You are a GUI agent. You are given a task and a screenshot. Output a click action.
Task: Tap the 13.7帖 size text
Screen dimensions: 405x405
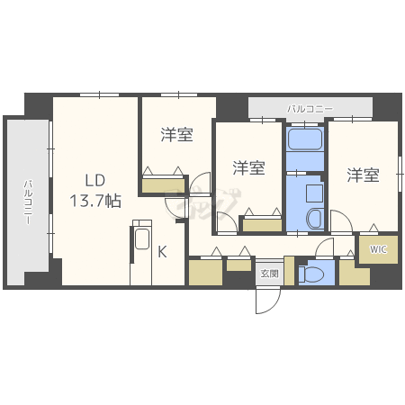96,202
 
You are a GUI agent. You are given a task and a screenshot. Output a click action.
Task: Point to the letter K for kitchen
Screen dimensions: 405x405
162,252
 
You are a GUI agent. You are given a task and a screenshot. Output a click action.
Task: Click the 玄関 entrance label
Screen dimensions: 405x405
269,273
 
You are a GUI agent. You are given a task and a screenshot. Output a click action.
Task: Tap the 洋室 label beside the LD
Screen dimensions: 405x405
176,135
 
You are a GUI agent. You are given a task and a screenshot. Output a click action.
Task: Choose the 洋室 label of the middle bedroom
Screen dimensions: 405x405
248,167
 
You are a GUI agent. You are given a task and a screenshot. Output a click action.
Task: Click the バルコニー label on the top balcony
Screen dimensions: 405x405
310,109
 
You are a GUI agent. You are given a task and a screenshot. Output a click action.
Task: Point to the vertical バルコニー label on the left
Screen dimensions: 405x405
29,202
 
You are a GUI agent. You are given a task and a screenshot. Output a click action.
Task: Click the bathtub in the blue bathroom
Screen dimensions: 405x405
304,142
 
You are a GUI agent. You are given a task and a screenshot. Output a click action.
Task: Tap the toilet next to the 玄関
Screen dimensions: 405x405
314,274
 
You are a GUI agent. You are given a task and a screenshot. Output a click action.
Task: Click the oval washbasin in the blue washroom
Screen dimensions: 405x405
312,218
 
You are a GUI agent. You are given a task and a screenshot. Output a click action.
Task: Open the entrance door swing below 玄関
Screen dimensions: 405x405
266,301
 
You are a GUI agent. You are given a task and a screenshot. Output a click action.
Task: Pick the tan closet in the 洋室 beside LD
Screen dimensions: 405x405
163,184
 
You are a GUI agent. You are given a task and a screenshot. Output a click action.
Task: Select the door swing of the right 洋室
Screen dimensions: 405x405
341,223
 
